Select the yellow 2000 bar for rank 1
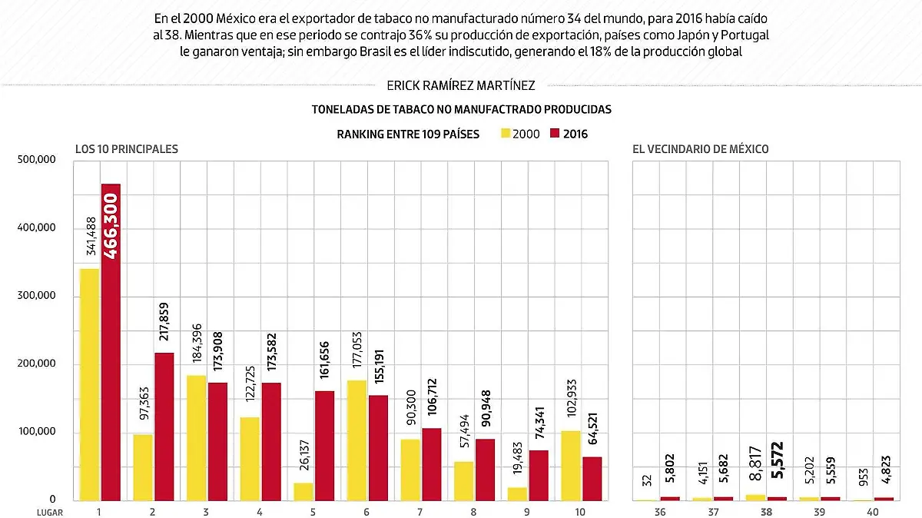89,384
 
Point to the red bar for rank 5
325,446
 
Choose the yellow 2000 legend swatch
505,134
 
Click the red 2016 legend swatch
556,134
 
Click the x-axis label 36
660,510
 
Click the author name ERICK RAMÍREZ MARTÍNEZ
462,86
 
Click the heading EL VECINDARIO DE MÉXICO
701,149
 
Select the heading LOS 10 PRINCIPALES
126,149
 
